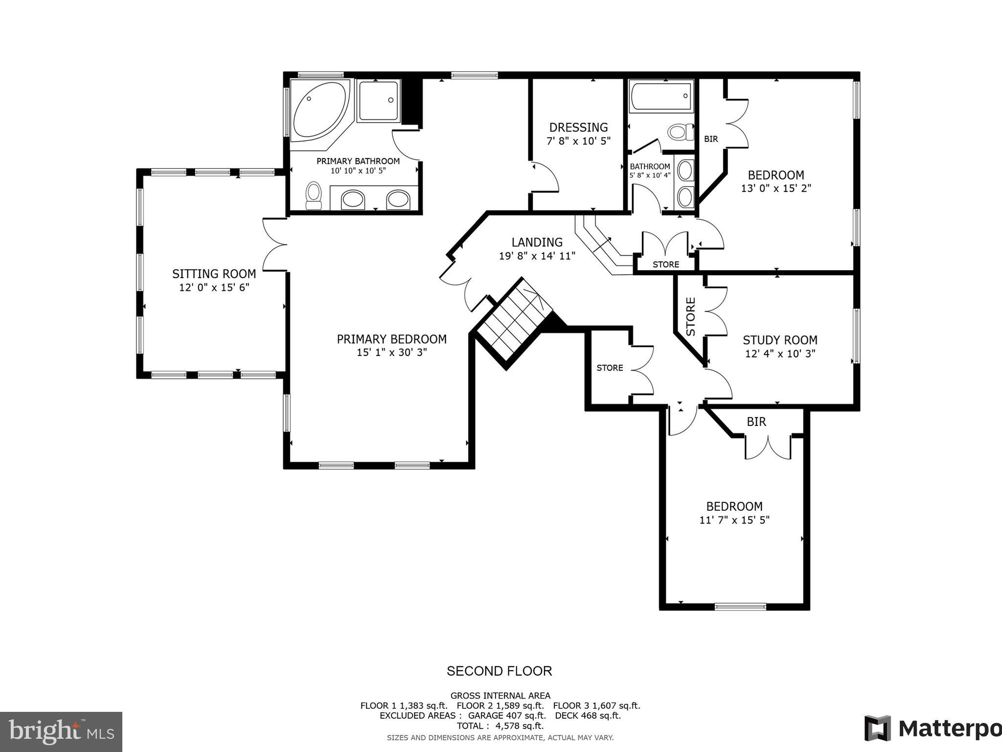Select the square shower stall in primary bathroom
378,101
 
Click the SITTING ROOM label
214,274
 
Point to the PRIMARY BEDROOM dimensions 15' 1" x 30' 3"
391,352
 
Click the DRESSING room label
578,128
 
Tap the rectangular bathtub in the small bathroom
661,96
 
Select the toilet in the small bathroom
681,132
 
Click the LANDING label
537,242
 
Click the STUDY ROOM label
780,340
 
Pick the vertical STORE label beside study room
690,316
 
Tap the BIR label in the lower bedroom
756,422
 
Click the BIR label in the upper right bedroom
711,139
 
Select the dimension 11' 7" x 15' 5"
734,520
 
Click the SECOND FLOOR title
499,671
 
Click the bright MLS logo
61,732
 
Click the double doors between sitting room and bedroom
274,244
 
